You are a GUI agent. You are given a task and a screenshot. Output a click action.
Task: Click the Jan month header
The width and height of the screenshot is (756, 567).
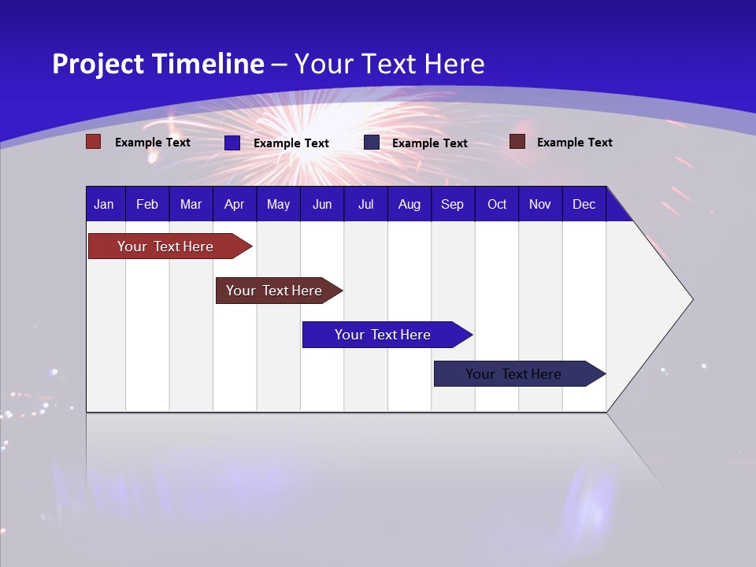coord(104,204)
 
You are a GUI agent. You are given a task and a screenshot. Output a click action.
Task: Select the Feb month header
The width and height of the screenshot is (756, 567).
coord(147,204)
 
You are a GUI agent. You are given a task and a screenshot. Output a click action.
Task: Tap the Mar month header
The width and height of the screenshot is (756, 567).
coord(191,204)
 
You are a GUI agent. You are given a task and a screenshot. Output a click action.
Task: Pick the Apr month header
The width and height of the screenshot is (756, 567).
coord(235,204)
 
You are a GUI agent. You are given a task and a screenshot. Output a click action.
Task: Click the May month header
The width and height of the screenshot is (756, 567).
coord(278,204)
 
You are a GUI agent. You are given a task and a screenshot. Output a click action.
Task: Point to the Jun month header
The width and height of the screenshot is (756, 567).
coord(322,204)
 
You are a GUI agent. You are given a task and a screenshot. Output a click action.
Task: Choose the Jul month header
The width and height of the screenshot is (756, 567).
coord(365,204)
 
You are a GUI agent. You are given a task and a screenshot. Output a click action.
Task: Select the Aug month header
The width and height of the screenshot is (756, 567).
coord(409,204)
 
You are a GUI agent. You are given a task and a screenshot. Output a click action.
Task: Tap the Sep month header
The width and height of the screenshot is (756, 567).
coord(453,204)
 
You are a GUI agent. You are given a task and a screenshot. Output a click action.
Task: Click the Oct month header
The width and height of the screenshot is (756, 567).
coord(497,204)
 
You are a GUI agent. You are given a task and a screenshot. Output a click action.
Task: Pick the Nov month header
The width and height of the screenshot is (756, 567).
coord(540,204)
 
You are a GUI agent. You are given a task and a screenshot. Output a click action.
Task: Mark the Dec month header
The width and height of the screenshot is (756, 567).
coord(584,204)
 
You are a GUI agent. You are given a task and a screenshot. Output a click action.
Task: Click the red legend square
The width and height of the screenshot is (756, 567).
coord(94,142)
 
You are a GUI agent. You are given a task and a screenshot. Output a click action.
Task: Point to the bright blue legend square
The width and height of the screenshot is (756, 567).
coord(232,143)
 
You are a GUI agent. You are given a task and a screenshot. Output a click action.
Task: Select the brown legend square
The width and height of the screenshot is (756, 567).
coord(517,142)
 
